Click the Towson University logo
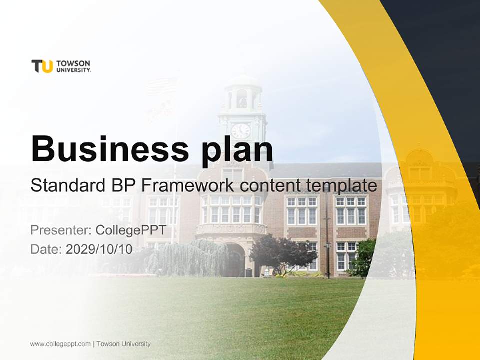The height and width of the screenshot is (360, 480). point(61,66)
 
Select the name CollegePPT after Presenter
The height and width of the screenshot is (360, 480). point(130,230)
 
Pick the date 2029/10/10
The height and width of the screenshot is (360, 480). point(99,249)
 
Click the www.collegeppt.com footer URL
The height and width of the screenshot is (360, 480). point(60,344)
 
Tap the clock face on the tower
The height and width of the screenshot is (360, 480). point(241,131)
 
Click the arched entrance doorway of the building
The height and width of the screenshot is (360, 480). point(235,260)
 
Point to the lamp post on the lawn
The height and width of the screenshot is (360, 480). point(327,235)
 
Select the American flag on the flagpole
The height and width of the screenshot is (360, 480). point(161,87)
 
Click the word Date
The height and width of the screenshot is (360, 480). point(46,249)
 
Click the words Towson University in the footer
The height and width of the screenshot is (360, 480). point(123,344)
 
